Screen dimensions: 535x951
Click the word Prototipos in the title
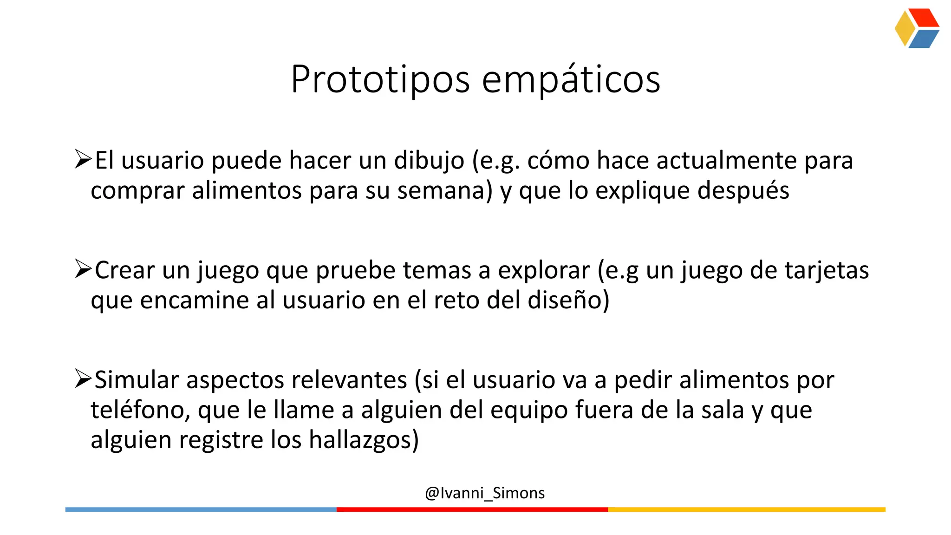(380, 80)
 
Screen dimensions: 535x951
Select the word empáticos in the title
(571, 80)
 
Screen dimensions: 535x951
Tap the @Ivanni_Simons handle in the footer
(484, 493)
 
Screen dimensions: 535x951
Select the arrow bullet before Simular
(83, 378)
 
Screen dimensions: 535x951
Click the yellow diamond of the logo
(904, 28)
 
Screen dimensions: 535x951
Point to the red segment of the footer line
(472, 509)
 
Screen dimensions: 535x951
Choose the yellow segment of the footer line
(746, 509)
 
